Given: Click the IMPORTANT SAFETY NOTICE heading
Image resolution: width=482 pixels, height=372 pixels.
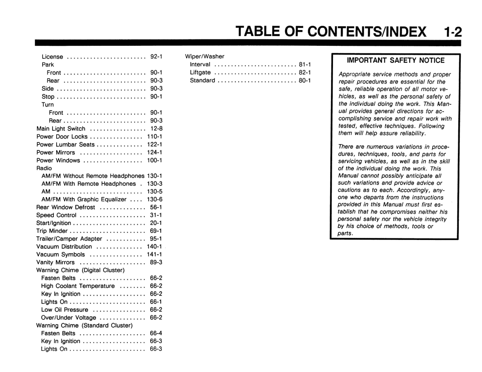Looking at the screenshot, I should coord(396,61).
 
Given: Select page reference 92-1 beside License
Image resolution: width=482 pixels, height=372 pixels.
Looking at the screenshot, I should coord(156,57).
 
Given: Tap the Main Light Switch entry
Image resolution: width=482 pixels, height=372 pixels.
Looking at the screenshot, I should coord(61,129).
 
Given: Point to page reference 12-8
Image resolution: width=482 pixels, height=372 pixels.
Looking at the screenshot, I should coord(156,129).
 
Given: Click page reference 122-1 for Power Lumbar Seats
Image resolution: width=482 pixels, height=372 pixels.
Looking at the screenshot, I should coord(154,144).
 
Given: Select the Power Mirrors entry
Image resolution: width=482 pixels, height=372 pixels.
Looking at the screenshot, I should coord(56,152).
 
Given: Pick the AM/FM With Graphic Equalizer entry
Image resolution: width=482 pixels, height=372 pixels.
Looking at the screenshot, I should coord(84,199).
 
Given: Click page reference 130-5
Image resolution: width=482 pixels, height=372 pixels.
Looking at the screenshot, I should coord(154,191).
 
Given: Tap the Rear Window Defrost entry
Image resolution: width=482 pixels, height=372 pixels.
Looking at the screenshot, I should coord(65,207).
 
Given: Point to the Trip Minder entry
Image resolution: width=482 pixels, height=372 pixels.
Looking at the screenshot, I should coord(52,231).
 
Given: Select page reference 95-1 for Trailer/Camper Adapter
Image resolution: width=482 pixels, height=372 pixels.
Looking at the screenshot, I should coord(156,239).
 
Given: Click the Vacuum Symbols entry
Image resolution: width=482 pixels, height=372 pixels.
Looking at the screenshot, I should coord(61,254).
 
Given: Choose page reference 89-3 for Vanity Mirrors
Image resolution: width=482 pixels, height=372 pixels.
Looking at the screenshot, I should coord(156,262).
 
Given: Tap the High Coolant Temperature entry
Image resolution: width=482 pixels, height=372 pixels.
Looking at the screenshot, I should coord(78,286).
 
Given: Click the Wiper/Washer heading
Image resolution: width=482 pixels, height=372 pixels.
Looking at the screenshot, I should coord(204,57).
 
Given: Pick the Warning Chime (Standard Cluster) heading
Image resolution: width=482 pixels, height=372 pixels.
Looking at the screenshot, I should coord(84,325).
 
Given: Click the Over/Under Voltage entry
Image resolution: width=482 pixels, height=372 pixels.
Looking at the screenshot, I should coord(69,317).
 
